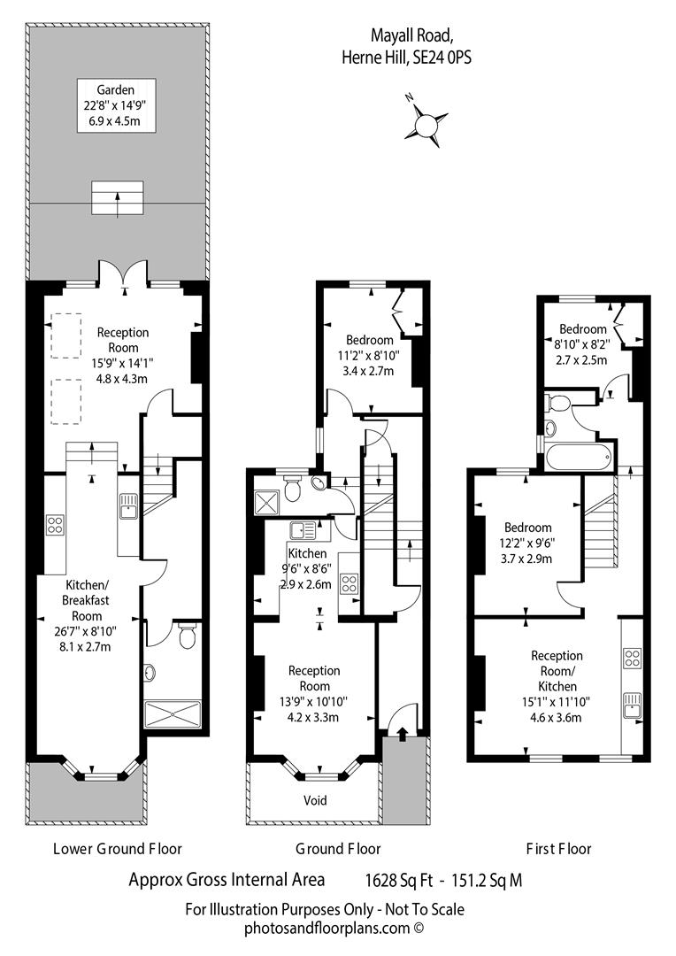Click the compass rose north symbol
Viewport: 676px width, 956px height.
click(426, 121)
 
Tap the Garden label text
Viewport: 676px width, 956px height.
click(117, 89)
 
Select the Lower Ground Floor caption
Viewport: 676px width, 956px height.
click(118, 848)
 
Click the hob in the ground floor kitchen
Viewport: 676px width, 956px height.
click(350, 583)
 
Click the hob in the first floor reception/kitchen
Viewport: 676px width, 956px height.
click(633, 658)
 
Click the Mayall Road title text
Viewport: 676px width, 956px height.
click(412, 36)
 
